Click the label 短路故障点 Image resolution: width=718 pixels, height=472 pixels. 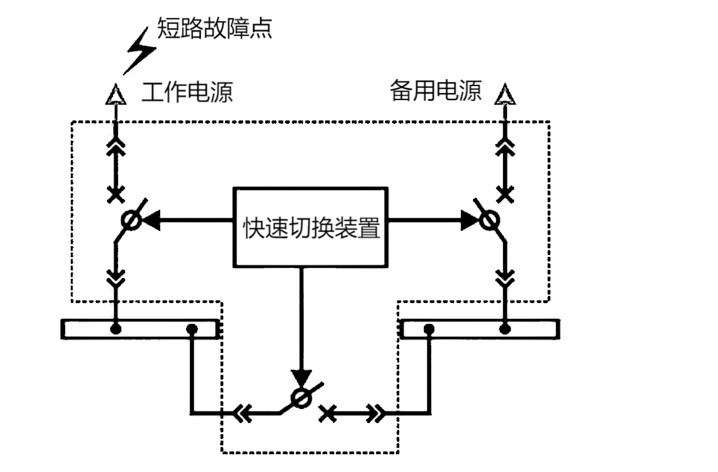[x=215, y=29]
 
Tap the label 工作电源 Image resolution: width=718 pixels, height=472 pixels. [x=187, y=92]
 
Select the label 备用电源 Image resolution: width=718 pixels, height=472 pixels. [x=436, y=92]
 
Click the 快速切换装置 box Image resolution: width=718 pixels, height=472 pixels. [x=311, y=226]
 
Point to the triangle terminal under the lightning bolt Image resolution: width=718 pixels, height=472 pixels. [x=115, y=95]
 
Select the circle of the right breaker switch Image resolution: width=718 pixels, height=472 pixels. [x=488, y=221]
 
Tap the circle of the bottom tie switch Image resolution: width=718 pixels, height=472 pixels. [x=300, y=397]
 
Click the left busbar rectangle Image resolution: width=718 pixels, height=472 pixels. [x=140, y=329]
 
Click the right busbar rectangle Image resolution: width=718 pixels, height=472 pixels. [x=481, y=329]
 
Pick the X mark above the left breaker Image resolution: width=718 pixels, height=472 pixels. [x=115, y=193]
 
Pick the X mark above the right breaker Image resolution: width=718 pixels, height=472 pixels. [x=505, y=193]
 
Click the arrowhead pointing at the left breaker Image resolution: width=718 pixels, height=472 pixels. [x=149, y=221]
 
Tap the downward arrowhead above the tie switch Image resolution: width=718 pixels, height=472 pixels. [x=301, y=377]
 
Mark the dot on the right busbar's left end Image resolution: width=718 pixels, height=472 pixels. [x=429, y=329]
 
